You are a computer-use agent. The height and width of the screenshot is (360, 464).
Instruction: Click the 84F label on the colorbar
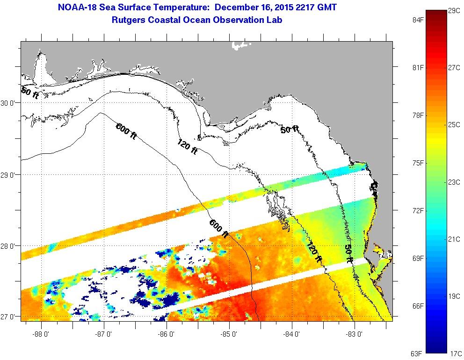[x=418, y=20]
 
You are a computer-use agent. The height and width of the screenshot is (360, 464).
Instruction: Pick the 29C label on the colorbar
[x=453, y=10]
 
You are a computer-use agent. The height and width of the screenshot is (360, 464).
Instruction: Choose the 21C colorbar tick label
[x=453, y=239]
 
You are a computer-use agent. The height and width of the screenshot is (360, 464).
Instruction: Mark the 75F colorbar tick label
[x=418, y=163]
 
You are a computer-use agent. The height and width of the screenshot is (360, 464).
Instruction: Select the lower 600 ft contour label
[x=219, y=229]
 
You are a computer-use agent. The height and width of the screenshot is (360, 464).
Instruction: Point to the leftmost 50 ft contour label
[x=30, y=93]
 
